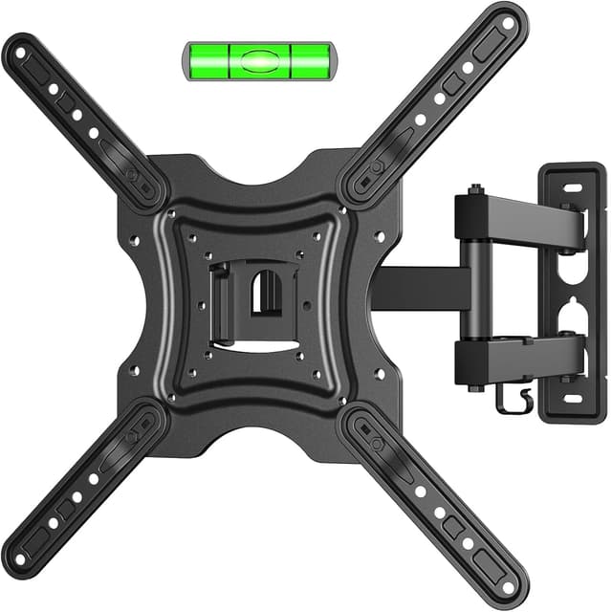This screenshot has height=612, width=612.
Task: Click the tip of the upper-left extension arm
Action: pos(21,49)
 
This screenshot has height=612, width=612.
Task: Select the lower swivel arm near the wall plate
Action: pos(521,358)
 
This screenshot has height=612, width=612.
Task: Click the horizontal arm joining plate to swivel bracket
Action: pos(421,288)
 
